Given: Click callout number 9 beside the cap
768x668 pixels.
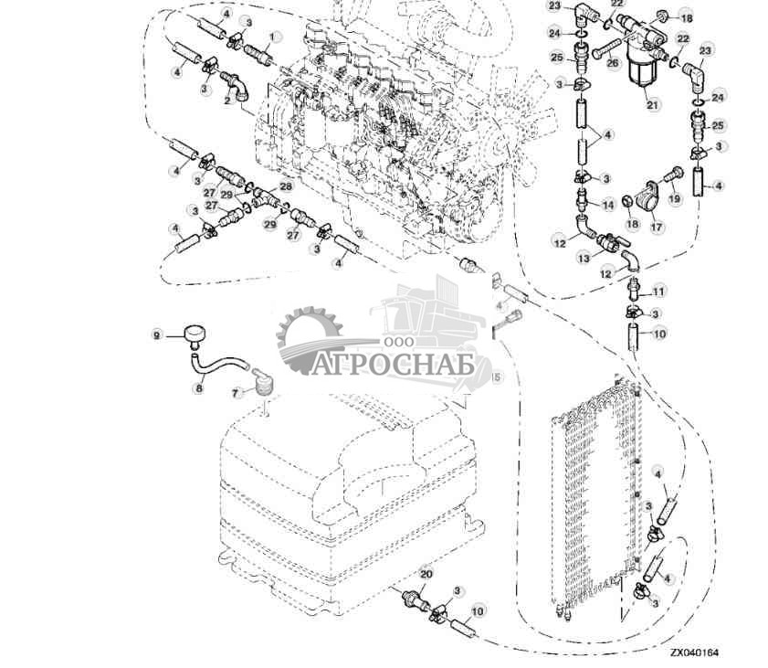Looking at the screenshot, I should [x=156, y=335].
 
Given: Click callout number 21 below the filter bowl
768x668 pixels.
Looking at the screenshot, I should [x=652, y=105].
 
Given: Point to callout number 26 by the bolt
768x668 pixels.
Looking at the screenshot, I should [x=613, y=63].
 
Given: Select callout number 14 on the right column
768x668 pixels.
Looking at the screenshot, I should [x=607, y=205].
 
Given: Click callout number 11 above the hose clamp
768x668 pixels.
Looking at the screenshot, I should [x=659, y=291].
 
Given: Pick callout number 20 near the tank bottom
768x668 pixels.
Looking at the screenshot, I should [x=425, y=574].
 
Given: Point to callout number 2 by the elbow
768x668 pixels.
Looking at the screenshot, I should [x=226, y=101].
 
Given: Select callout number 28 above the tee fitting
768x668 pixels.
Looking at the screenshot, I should [x=286, y=186].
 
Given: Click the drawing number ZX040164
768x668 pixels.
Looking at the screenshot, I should [x=693, y=653].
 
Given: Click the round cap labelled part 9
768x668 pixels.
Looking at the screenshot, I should [x=194, y=335].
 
